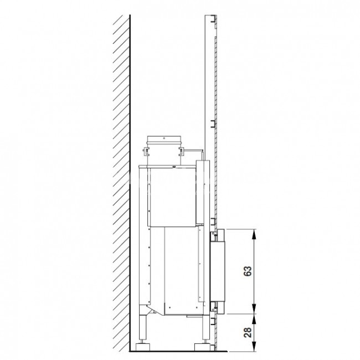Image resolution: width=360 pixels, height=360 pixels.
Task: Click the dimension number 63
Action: pos(248,271)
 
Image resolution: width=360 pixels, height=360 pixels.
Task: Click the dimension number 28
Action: pos(248,332)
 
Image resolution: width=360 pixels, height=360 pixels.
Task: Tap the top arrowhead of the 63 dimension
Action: pos(254,234)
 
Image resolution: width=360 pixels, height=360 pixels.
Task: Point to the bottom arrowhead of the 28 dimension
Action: pos(254,346)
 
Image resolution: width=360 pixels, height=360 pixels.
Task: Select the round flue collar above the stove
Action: pos(164,151)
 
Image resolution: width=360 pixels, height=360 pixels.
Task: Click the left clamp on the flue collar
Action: pos(146,151)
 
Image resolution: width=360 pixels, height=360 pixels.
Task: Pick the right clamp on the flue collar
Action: pos(182,151)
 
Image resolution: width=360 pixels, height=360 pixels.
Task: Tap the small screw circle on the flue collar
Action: pos(164,138)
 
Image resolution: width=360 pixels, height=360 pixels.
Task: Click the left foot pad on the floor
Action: pos(142,347)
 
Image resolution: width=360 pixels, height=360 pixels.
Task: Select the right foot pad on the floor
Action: pos(202,347)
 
